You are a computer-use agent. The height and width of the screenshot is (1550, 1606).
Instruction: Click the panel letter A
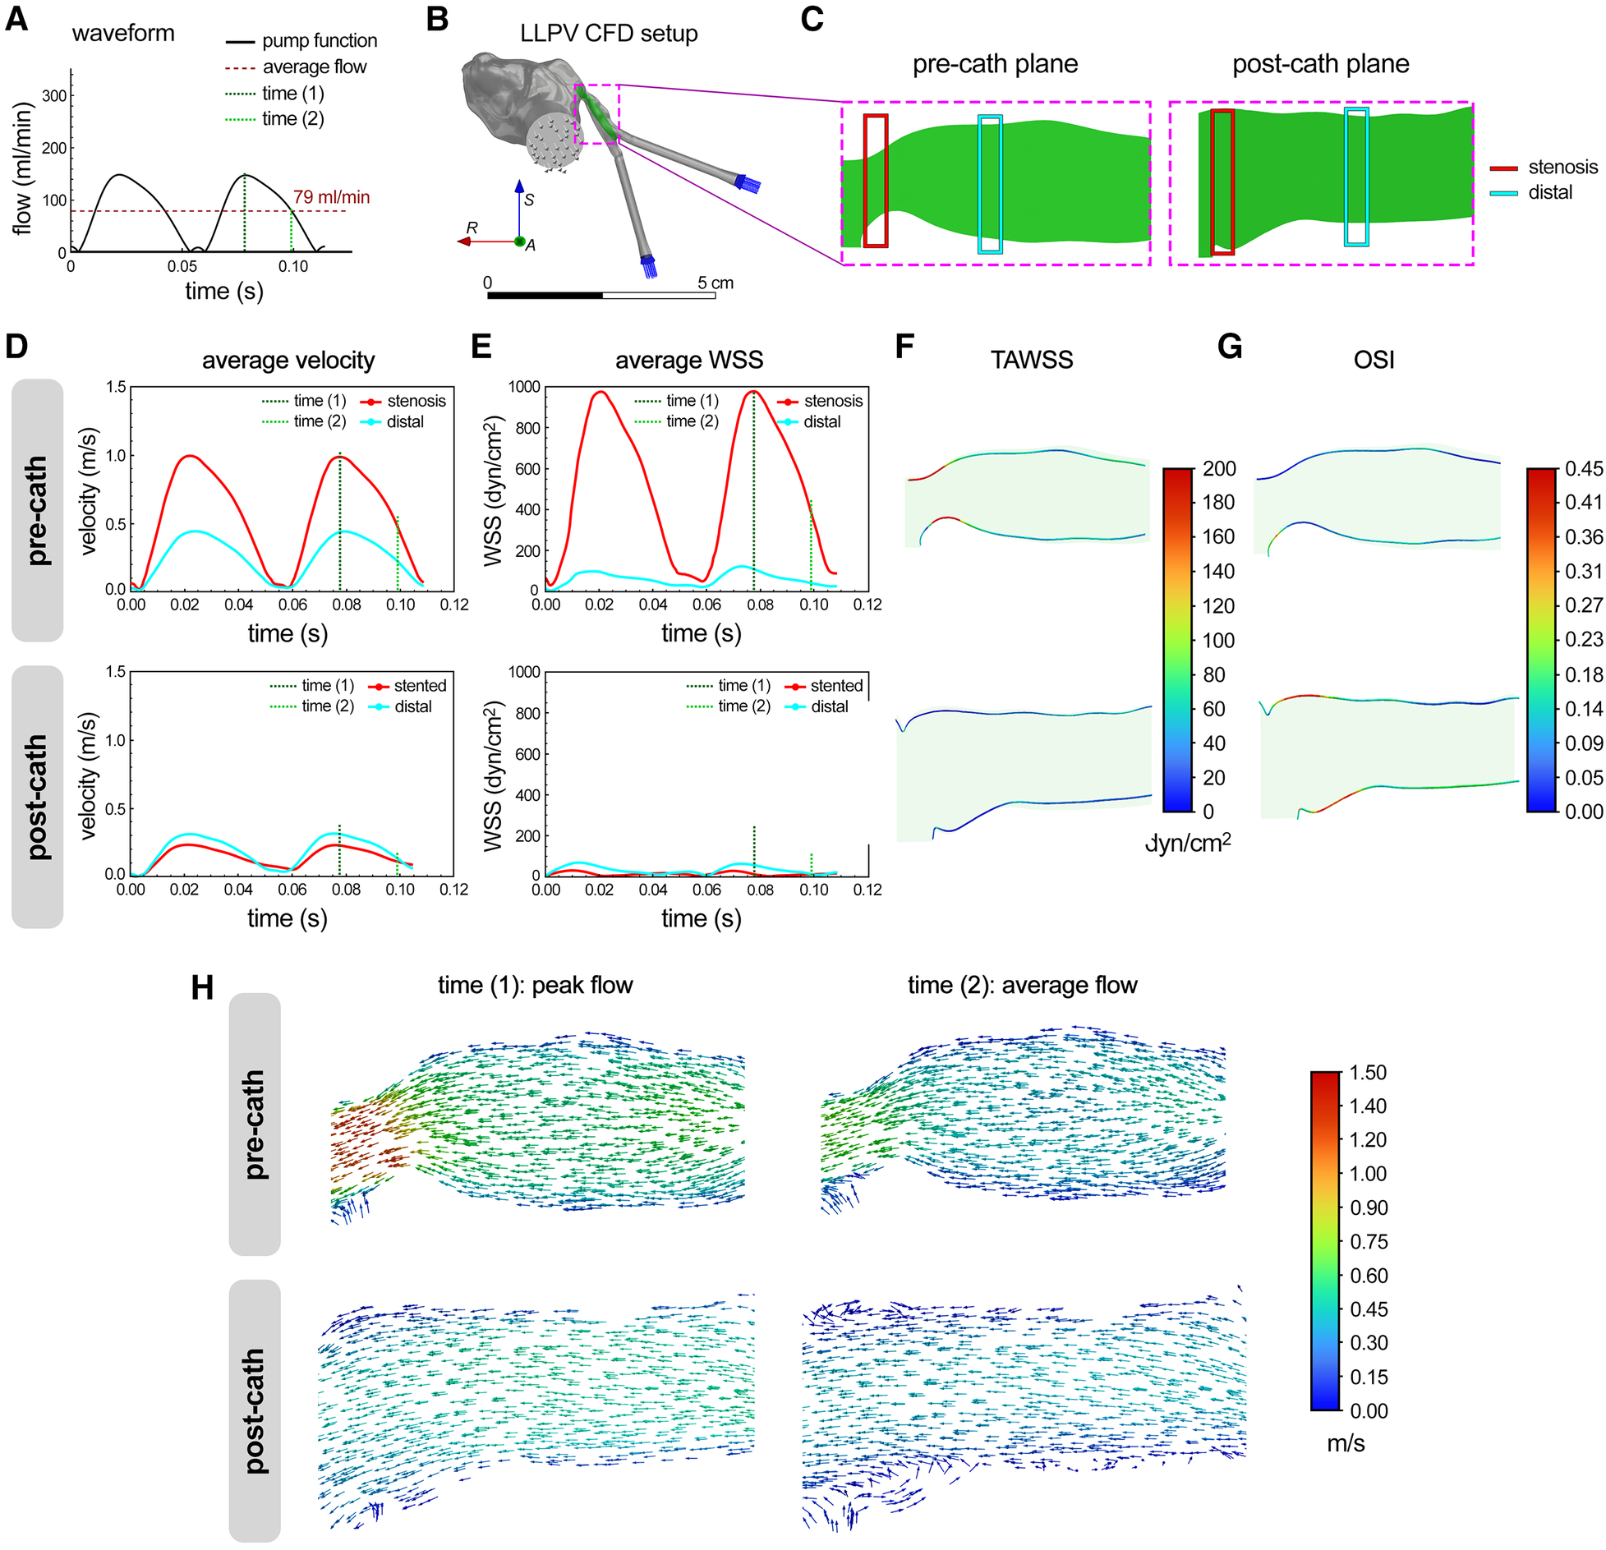coord(16,19)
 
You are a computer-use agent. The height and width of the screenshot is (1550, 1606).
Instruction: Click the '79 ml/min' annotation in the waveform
coord(331,197)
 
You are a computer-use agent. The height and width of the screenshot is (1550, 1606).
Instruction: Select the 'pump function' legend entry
coord(319,40)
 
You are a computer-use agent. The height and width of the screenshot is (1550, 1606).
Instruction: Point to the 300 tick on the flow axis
coord(54,96)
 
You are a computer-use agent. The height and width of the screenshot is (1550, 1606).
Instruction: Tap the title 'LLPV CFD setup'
coord(609,34)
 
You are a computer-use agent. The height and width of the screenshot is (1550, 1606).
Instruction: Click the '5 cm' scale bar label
coord(715,283)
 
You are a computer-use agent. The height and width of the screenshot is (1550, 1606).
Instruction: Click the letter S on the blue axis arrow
coord(529,200)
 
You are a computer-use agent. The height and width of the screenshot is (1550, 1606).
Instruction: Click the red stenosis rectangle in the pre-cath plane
coord(876,181)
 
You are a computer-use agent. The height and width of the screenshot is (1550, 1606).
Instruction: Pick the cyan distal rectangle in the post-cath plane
coord(1355,177)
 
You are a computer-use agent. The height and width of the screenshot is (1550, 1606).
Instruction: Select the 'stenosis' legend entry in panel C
coord(1562,168)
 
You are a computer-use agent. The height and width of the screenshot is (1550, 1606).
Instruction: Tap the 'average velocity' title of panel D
coord(288,360)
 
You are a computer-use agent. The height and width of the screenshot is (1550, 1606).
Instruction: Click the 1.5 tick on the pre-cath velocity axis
coord(116,387)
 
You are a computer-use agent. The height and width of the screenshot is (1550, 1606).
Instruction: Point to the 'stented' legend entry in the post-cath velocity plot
coord(420,685)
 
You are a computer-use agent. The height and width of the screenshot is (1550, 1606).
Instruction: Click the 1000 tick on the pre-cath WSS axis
coord(523,387)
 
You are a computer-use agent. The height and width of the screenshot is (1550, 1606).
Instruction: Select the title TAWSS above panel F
coord(1031,360)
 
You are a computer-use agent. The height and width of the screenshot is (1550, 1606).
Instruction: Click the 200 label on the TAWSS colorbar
coord(1219,469)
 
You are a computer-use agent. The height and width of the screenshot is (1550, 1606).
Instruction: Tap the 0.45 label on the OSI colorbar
coord(1583,469)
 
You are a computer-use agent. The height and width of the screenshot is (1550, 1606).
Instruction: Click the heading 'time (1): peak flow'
coord(535,985)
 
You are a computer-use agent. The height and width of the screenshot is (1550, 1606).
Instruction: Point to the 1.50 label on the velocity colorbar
coord(1367,1073)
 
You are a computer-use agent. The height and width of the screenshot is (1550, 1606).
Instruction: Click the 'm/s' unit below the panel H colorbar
coord(1345,1466)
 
